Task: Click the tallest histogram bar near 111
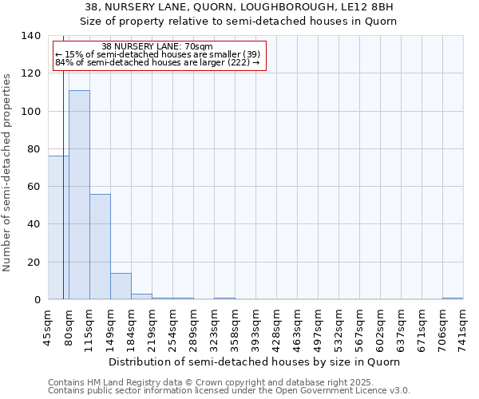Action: [x=79, y=195]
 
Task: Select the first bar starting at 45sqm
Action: [x=58, y=227]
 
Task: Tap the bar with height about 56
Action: [x=100, y=247]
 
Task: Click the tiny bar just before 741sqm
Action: [x=453, y=298]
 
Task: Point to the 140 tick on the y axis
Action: [x=32, y=36]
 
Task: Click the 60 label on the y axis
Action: [x=32, y=187]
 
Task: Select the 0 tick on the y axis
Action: [x=37, y=300]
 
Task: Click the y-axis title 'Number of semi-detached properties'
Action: [x=8, y=172]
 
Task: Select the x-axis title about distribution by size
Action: [x=254, y=361]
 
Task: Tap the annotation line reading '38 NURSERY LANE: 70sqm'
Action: [x=157, y=47]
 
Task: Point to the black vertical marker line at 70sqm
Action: [x=63, y=199]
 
